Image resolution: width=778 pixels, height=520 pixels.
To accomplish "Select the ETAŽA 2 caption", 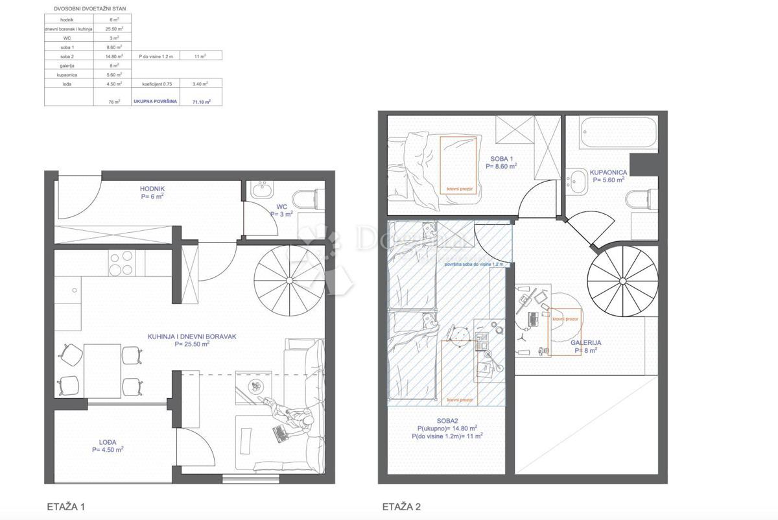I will pyautogui.click(x=401, y=506).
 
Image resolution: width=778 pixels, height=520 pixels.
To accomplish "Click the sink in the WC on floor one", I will pyautogui.click(x=263, y=190).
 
